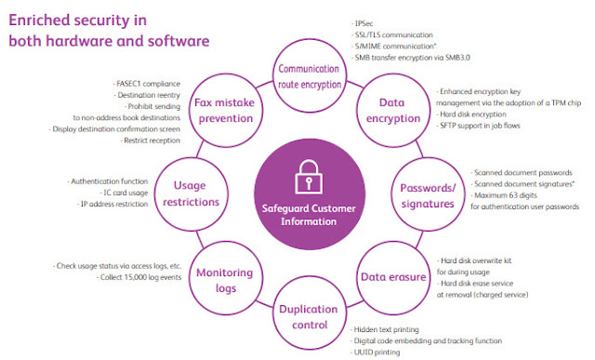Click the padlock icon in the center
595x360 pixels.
tap(309, 177)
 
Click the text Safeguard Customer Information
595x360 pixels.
tap(309, 215)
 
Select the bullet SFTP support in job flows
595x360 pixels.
tap(478, 126)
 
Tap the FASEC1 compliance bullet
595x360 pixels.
tap(147, 84)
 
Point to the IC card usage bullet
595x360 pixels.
tap(124, 193)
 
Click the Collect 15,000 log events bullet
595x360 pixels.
tap(139, 277)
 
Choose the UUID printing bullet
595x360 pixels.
tap(376, 353)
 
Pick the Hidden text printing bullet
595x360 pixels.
tap(385, 329)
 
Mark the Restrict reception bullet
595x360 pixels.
tap(151, 140)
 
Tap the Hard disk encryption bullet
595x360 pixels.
tap(471, 114)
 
